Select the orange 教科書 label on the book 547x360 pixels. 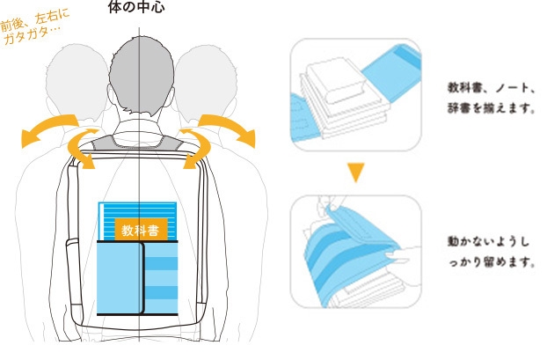click(140, 231)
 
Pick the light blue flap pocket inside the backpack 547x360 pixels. click(119, 277)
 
